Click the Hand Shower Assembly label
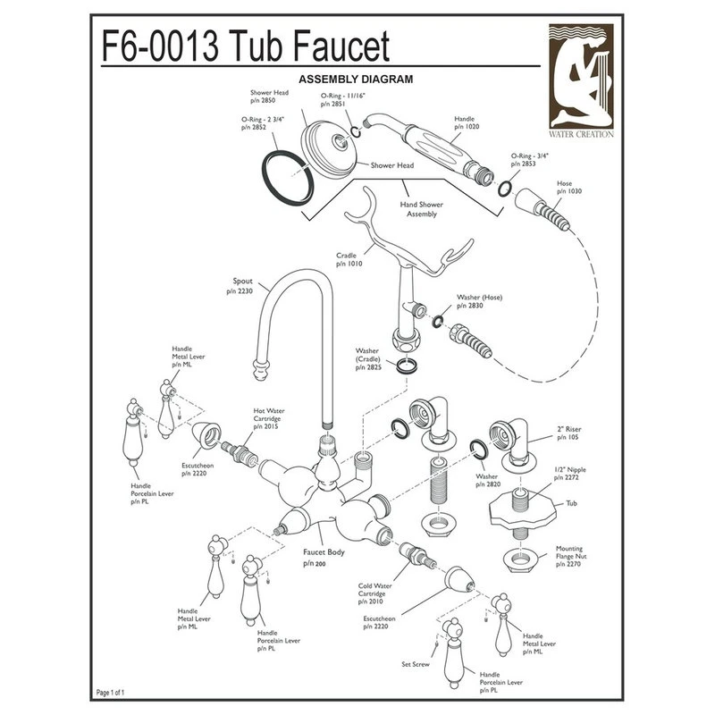419,209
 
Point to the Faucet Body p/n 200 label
322,558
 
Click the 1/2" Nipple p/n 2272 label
569,472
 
